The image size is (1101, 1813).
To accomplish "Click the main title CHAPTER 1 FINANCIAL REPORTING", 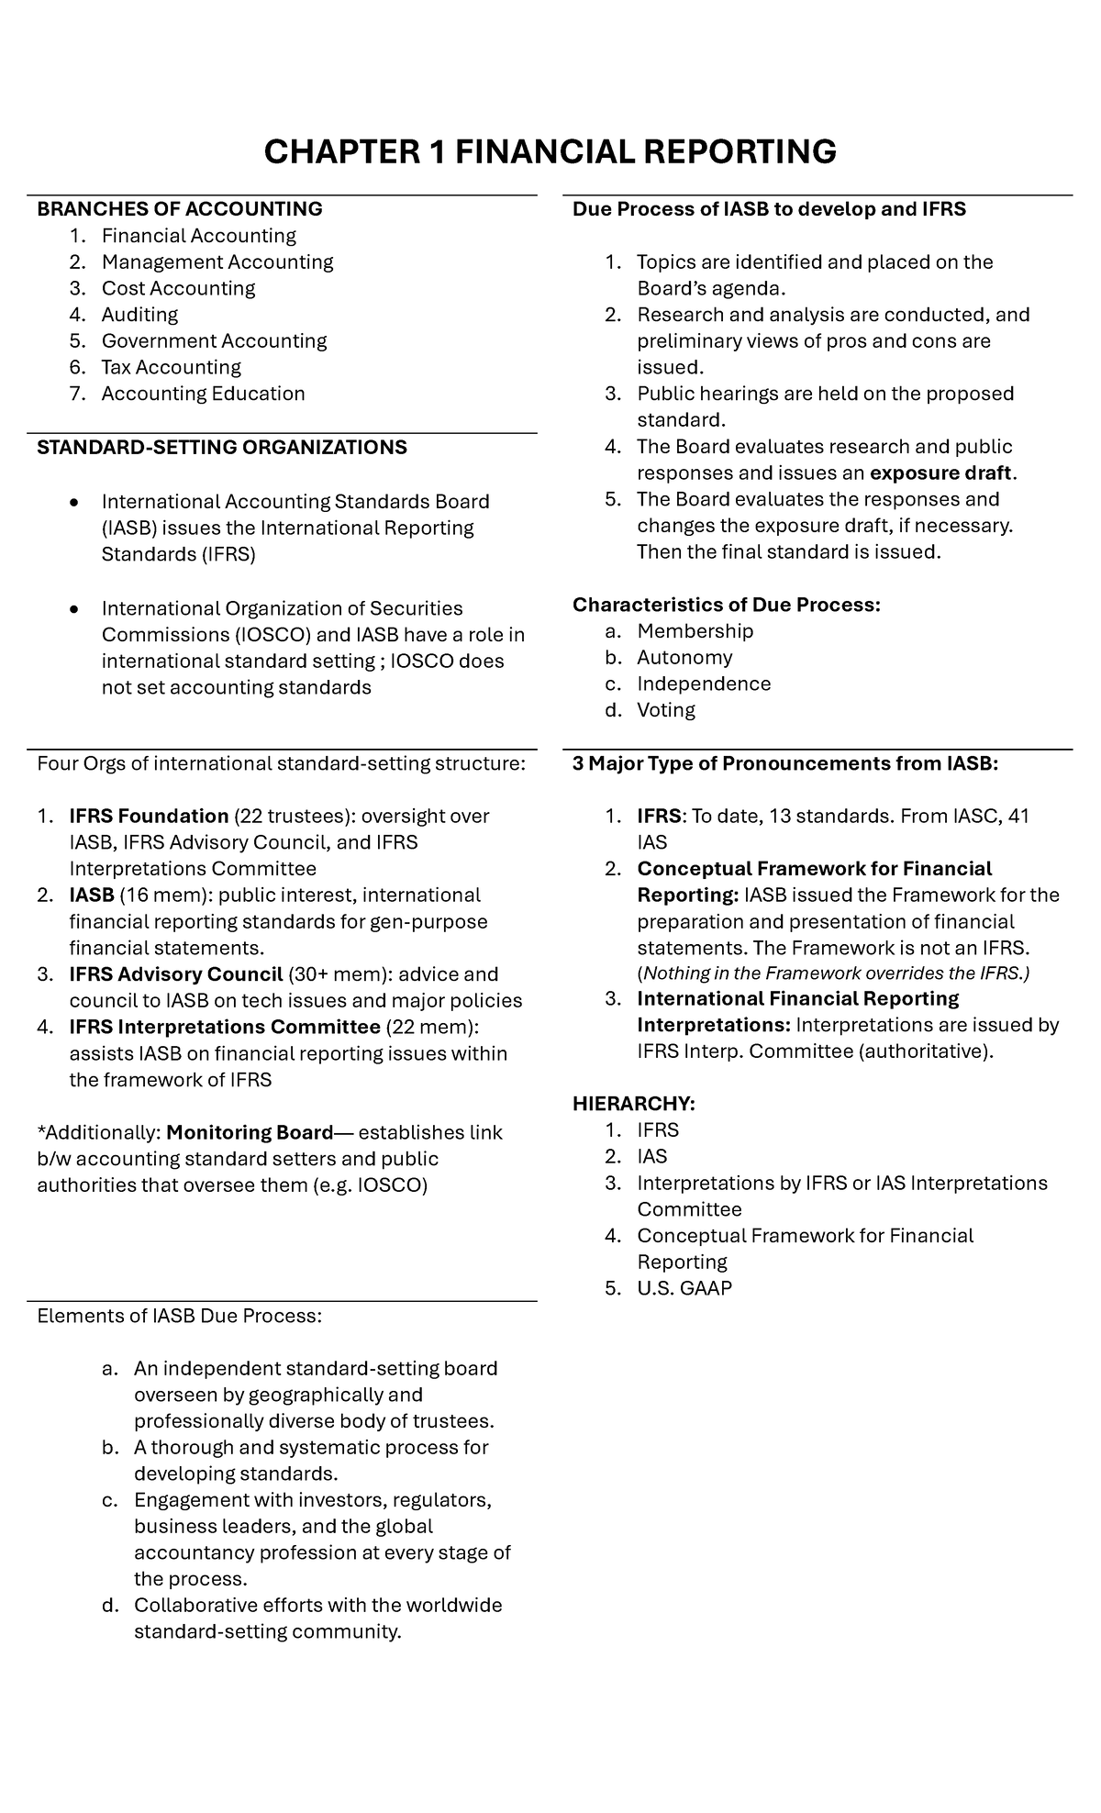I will [x=550, y=151].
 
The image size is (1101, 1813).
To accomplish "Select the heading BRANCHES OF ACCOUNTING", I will [x=180, y=209].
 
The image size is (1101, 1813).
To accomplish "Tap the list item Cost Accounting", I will [x=178, y=288].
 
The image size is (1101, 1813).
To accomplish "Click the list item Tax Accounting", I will [x=171, y=367].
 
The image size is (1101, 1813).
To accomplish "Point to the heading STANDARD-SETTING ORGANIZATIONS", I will [x=221, y=447].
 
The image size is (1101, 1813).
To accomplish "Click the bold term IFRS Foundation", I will [x=149, y=816].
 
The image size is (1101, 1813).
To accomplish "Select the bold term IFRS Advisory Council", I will [x=175, y=973].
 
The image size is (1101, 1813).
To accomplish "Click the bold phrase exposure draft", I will [x=940, y=473].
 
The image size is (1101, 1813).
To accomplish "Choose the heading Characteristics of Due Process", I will [x=726, y=605].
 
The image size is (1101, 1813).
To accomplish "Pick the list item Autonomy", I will [x=684, y=657].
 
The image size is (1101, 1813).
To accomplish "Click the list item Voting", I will [x=666, y=710].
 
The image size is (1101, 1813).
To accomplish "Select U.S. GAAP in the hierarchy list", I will [x=684, y=1288].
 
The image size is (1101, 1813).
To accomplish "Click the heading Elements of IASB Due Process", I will [x=179, y=1316].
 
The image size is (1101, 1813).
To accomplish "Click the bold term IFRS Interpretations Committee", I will [x=224, y=1027].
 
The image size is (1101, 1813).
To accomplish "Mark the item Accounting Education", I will [x=203, y=394].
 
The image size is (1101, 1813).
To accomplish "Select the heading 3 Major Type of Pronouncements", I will [x=785, y=763].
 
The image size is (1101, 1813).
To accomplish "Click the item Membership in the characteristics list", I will [x=695, y=631].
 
